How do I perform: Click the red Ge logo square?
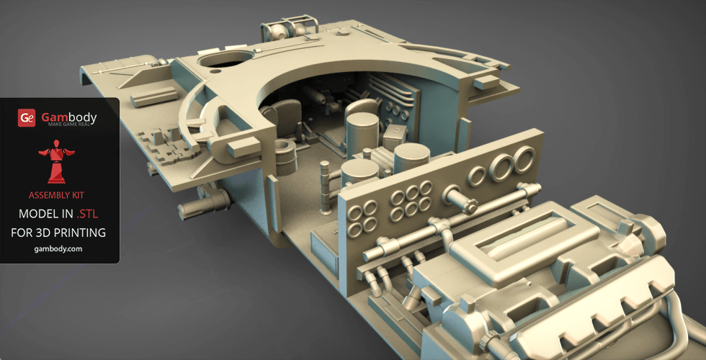click(x=27, y=118)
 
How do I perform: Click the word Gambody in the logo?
click(x=69, y=117)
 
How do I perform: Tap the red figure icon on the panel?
click(x=57, y=161)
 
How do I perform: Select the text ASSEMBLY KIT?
click(x=56, y=195)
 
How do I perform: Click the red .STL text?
click(x=87, y=215)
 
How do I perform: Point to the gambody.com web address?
click(x=58, y=249)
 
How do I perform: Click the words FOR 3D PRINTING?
click(x=58, y=233)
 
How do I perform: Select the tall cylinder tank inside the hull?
click(x=362, y=135)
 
